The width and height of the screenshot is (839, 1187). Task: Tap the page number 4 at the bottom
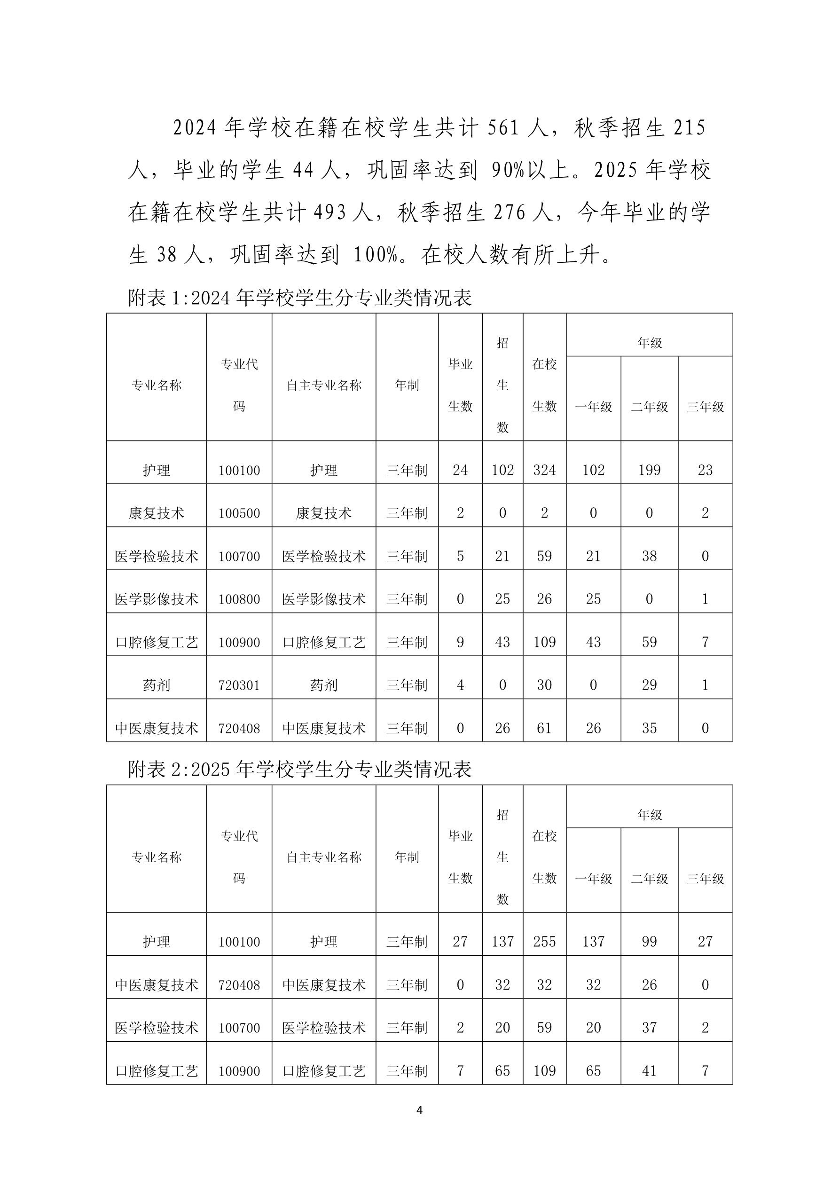pos(419,1110)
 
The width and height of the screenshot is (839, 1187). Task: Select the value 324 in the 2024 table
pos(544,470)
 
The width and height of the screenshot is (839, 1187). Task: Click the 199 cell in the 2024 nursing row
pos(649,470)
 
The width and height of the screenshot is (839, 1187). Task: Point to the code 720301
pos(239,685)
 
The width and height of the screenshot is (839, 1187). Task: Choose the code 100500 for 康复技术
pos(239,513)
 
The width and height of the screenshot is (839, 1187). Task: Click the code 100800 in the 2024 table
pos(239,599)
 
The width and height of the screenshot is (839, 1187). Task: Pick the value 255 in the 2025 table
pos(544,942)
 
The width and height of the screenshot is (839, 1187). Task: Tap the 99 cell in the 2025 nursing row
pos(649,942)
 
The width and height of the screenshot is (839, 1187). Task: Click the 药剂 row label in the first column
pos(156,685)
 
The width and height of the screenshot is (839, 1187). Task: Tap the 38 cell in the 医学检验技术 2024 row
pos(649,556)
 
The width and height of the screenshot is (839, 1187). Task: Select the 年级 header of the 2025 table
pos(649,815)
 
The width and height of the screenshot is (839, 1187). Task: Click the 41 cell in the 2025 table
pos(649,1071)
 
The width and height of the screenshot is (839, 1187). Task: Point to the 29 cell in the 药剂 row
pos(649,685)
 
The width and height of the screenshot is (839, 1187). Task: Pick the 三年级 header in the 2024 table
pos(705,407)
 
